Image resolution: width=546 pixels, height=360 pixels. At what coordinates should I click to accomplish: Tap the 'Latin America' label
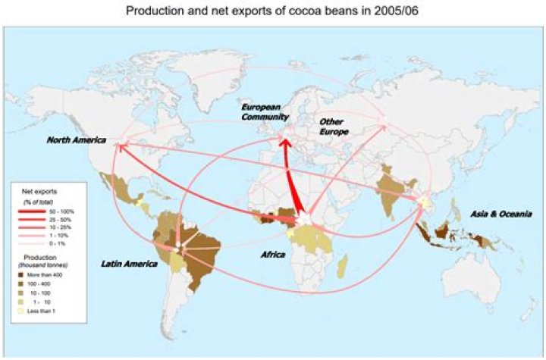pos(129,263)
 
